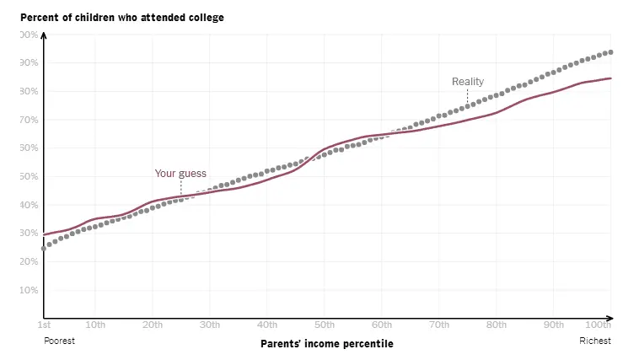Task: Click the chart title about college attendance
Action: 122,18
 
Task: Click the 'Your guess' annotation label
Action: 180,174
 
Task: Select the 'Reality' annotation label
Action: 468,82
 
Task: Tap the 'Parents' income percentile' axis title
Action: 326,344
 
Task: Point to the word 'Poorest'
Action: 59,341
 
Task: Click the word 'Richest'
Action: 594,341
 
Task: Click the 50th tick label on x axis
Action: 324,325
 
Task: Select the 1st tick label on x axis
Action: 43,325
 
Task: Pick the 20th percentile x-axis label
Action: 153,325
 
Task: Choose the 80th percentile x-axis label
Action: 496,325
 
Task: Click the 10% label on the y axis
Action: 30,290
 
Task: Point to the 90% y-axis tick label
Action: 30,63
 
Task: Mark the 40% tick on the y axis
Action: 30,205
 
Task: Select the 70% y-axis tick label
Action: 30,120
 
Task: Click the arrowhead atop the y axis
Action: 44,35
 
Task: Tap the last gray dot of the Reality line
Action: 610,52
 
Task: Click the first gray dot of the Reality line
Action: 44,249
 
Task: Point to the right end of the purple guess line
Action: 611,78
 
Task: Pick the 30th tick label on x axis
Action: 210,325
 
